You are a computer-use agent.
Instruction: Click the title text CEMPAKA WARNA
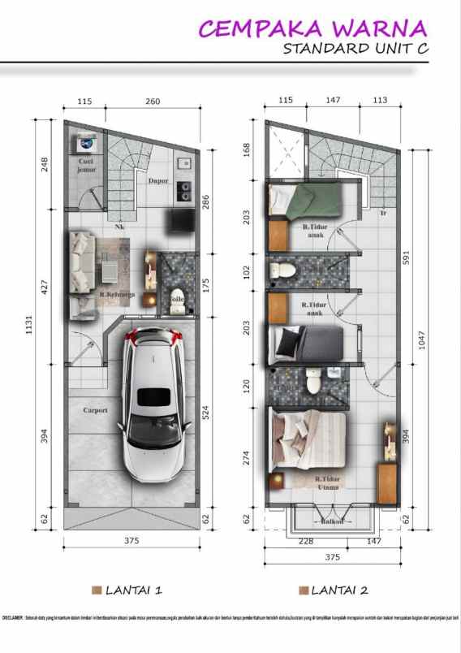[x=312, y=28]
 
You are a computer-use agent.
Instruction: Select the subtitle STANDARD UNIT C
[x=355, y=49]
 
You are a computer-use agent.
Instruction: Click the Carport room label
[x=95, y=410]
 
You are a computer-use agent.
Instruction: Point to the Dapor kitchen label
[x=157, y=181]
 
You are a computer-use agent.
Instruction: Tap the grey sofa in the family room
[x=81, y=262]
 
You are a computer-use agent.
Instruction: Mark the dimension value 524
[x=206, y=412]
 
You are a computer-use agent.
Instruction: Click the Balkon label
[x=333, y=521]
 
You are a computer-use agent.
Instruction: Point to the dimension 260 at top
[x=153, y=102]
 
